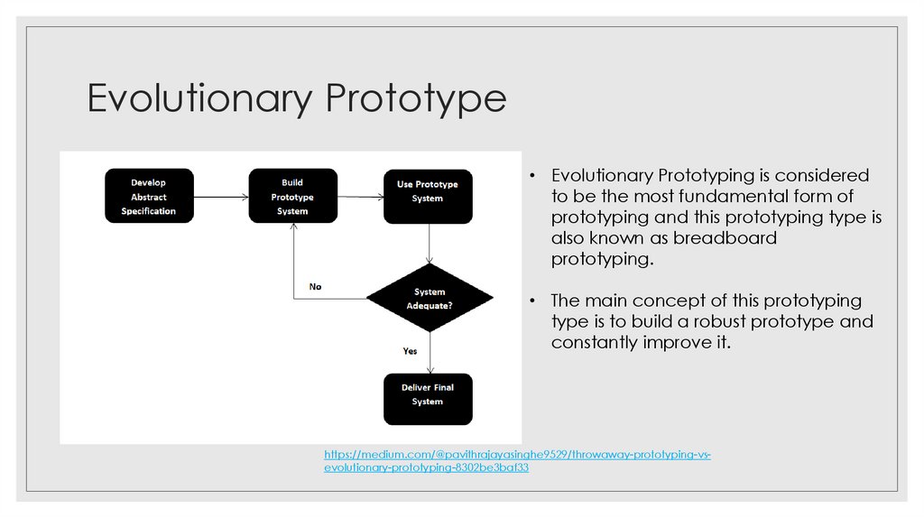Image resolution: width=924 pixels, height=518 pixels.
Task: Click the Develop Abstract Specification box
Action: pos(149,196)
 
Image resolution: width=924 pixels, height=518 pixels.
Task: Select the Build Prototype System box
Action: pos(292,196)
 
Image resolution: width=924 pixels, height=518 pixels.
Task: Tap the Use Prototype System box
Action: pos(428,196)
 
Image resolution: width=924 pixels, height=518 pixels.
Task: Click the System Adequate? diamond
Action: pos(430,299)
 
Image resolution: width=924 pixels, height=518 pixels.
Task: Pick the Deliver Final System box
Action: pos(428,398)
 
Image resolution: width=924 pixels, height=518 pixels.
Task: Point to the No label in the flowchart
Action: pos(315,287)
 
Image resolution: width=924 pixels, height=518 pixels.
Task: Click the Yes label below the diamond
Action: pos(410,350)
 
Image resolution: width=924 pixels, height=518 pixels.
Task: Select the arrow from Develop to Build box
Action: pos(221,196)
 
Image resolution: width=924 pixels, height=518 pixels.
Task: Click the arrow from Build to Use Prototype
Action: pos(361,196)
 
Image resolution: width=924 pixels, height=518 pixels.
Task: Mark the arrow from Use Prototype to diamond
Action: pos(430,244)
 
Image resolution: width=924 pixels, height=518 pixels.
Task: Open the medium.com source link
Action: pos(517,461)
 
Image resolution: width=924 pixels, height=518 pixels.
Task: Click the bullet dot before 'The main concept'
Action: pos(533,301)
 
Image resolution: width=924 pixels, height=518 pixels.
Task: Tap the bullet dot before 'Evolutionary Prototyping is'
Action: pos(533,176)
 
